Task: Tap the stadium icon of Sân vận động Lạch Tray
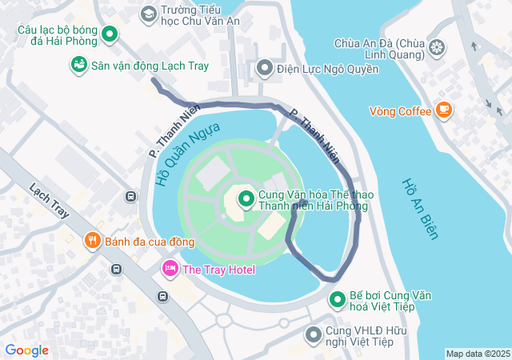[x=78, y=64]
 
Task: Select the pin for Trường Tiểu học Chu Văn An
[x=148, y=14]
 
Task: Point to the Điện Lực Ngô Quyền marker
[x=265, y=69]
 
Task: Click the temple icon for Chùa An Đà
[x=437, y=49]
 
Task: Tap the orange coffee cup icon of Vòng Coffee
[x=444, y=110]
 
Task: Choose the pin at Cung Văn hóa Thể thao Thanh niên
[x=246, y=198]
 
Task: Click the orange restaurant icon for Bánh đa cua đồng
[x=93, y=240]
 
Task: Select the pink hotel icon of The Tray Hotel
[x=170, y=269]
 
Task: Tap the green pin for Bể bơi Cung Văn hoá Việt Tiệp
[x=338, y=300]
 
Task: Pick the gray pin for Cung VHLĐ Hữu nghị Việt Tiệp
[x=314, y=333]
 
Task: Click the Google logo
[x=26, y=350]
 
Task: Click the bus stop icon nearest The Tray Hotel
[x=163, y=297]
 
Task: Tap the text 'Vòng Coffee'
[x=400, y=111]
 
